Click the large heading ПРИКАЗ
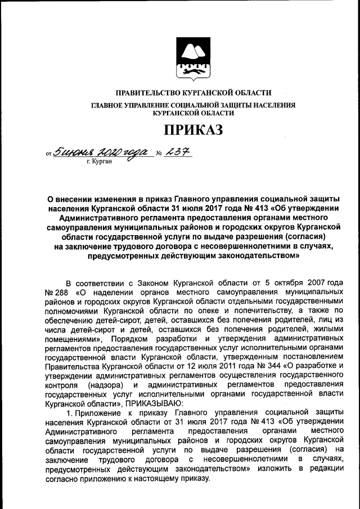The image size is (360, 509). point(193,130)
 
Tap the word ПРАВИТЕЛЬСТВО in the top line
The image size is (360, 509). point(147,93)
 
